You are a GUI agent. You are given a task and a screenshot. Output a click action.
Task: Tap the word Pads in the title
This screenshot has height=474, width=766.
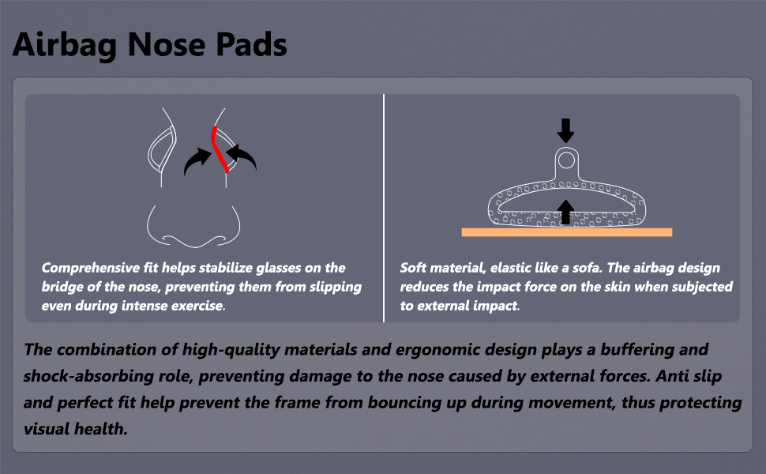(251, 44)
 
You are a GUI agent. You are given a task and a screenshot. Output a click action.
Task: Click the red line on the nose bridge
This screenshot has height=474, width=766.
(219, 149)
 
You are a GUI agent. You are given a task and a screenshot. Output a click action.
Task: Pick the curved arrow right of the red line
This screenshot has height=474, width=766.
(242, 156)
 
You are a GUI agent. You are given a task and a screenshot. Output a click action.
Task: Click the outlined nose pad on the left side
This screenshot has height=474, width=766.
(162, 149)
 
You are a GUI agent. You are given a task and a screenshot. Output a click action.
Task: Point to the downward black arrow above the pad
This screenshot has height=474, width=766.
(565, 130)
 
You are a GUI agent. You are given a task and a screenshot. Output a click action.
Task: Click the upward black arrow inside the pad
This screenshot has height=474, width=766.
(565, 212)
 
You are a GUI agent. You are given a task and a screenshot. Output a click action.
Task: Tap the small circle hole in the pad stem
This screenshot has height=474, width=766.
(566, 160)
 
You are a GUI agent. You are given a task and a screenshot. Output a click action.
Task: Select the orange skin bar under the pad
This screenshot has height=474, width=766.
(567, 232)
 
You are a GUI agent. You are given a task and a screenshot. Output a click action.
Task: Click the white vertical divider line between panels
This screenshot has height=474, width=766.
(384, 209)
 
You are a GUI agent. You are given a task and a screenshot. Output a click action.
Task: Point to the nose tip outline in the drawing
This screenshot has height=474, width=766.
(194, 226)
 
